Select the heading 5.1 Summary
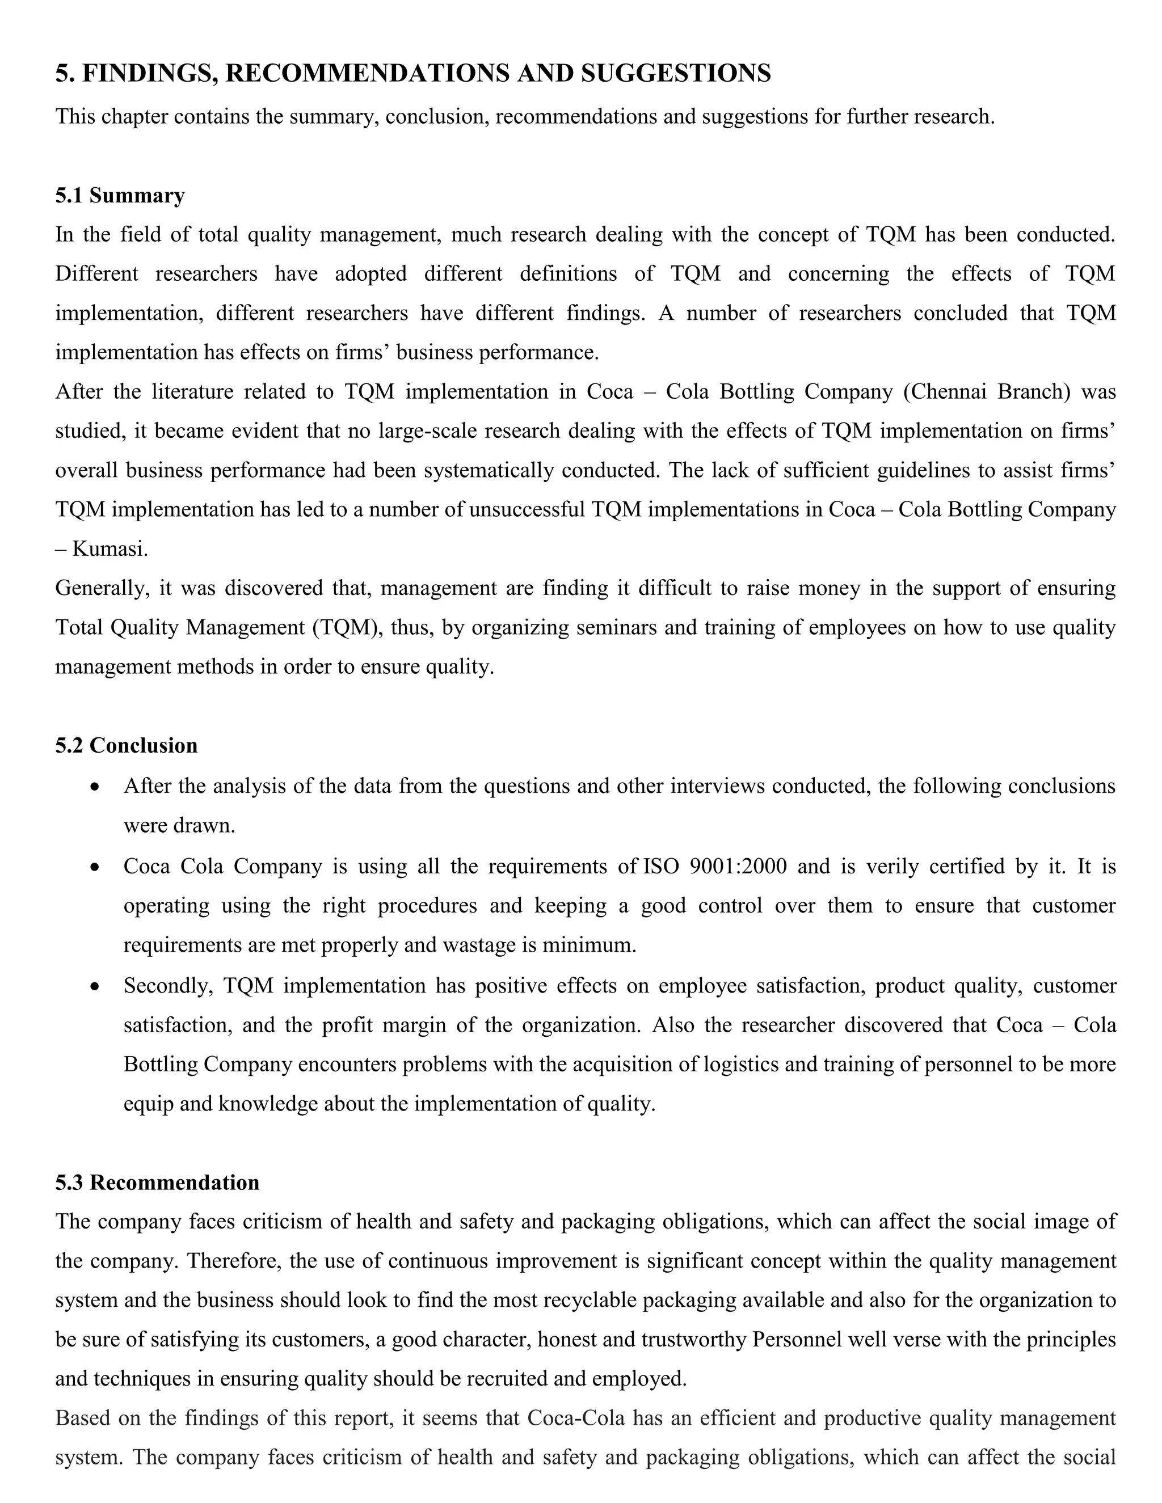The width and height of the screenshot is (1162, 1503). point(120,196)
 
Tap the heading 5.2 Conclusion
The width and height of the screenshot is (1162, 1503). point(126,745)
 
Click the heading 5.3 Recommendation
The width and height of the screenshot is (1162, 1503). point(157,1183)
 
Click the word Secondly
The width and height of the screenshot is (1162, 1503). point(168,986)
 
